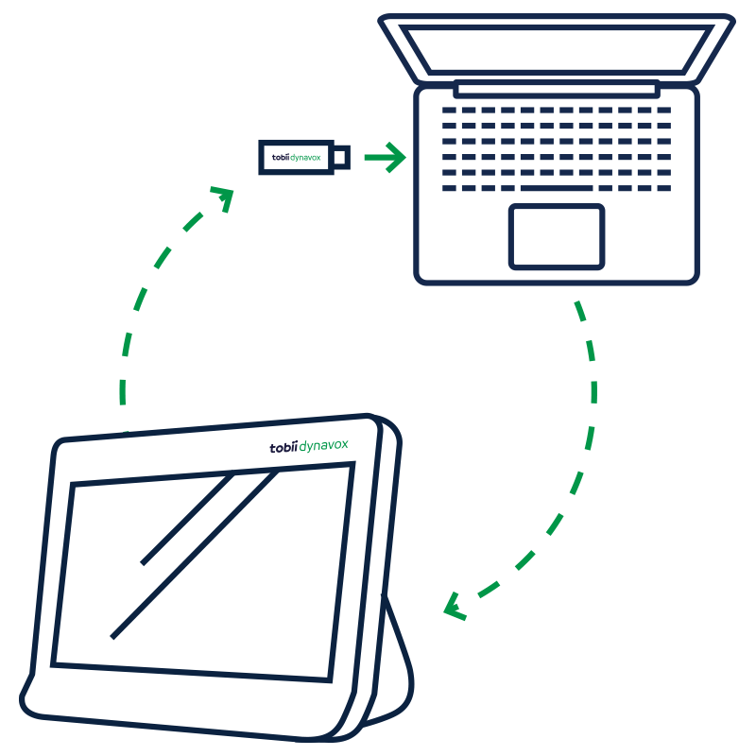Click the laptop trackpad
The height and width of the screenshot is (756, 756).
point(557,235)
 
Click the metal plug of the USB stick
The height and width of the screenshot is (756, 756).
point(341,157)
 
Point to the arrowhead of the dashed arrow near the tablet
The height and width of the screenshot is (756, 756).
point(455,606)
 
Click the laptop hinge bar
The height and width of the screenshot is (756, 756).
point(556,90)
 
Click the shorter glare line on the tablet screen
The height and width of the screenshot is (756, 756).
point(187,519)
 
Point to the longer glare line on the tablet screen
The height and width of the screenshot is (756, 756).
point(195,553)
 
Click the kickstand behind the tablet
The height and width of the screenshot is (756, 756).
point(397,661)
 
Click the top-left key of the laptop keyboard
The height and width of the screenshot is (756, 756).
point(449,111)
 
